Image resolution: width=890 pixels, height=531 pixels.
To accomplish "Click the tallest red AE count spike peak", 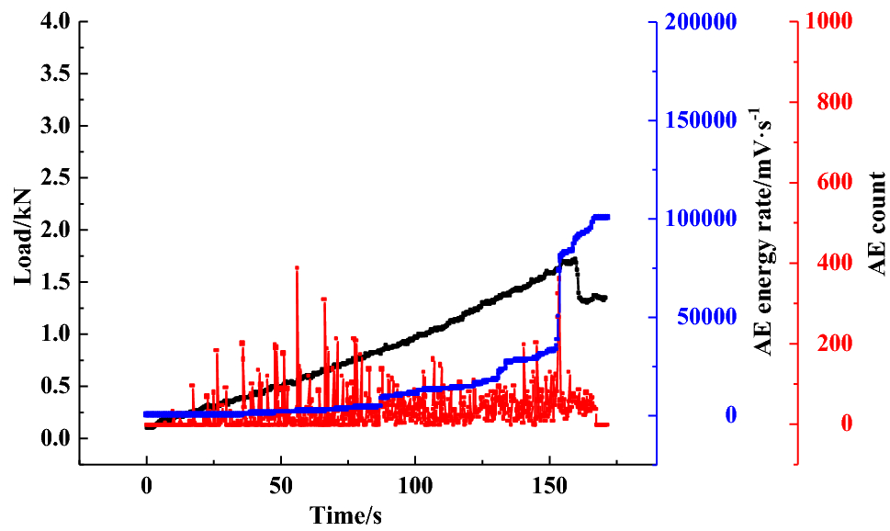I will pyautogui.click(x=297, y=267).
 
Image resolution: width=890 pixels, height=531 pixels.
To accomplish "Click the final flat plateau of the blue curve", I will pyautogui.click(x=601, y=218).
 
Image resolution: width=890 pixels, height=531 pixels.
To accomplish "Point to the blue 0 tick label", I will pyautogui.click(x=730, y=415).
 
